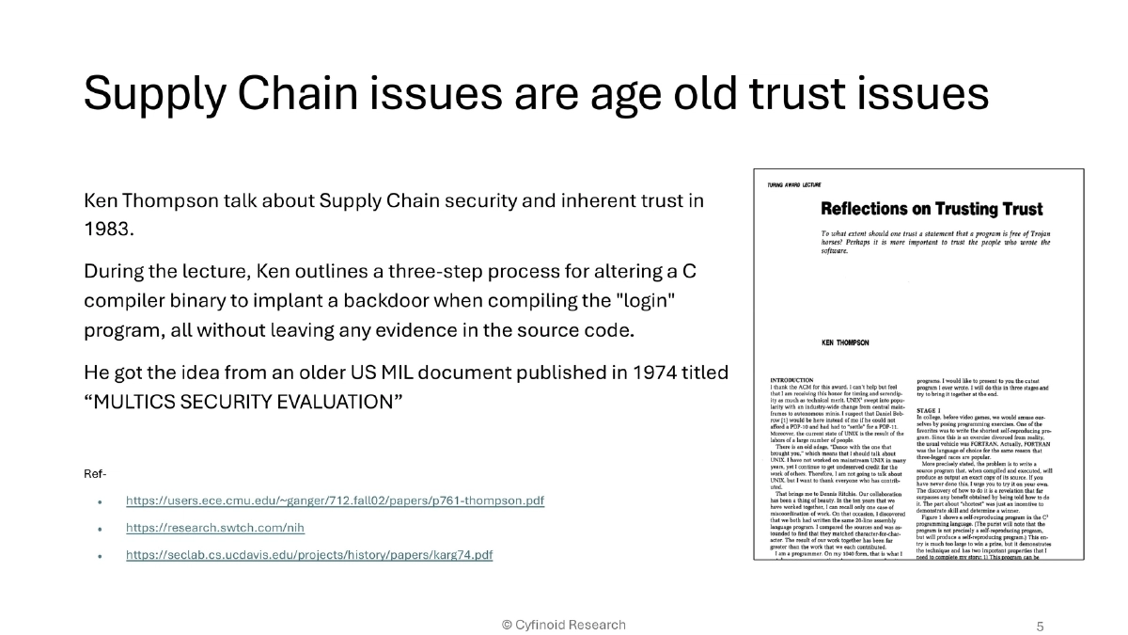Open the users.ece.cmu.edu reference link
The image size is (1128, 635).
coord(335,500)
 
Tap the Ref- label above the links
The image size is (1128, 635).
coord(95,473)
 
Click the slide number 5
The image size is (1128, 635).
coord(1040,626)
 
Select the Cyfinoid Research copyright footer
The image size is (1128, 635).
coord(563,625)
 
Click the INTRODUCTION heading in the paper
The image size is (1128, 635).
coord(791,380)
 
